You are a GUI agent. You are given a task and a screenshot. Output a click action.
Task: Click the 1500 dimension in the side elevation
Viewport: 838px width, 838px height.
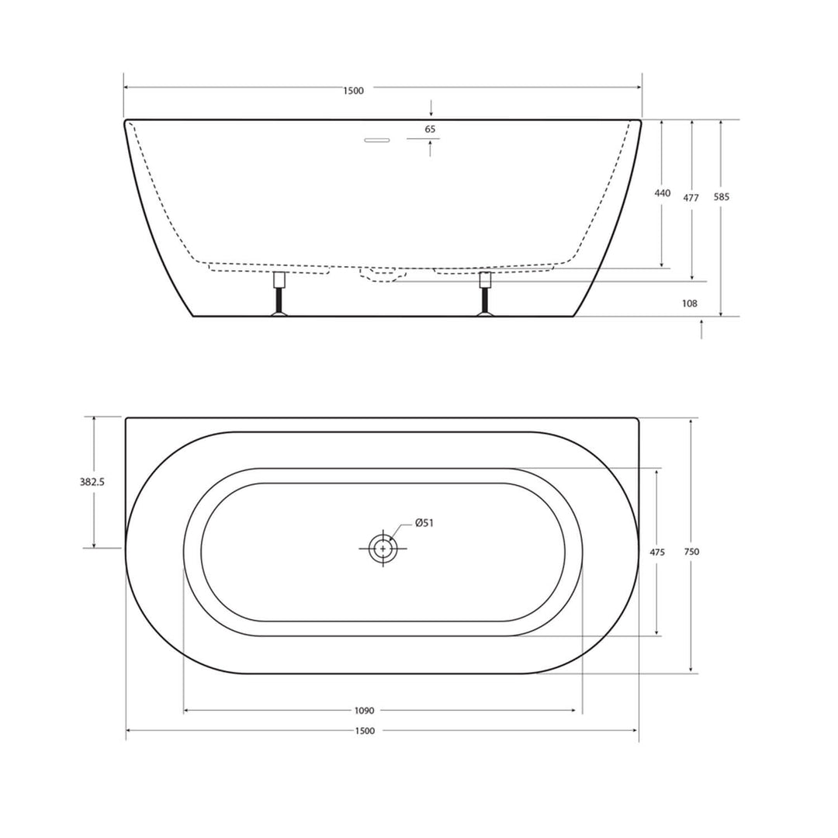coord(353,91)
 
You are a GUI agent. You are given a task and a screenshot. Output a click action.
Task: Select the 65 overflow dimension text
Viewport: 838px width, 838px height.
coord(431,129)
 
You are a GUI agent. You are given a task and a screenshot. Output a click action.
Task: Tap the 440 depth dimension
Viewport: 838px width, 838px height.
coord(662,193)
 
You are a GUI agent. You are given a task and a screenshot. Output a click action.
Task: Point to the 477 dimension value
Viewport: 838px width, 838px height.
coord(691,198)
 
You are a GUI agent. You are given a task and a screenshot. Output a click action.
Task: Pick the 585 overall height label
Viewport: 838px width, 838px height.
coord(722,197)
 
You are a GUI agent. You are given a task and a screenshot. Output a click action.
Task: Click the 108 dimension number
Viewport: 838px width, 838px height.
coord(690,303)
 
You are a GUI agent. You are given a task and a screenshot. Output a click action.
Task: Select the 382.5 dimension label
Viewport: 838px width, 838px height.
coord(92,482)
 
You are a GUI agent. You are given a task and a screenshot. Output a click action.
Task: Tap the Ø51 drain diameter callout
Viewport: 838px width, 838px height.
coord(424,523)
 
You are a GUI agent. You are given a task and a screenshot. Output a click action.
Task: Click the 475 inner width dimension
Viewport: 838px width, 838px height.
coord(656,552)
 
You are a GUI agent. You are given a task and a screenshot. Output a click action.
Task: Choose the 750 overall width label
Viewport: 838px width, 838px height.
coord(692,552)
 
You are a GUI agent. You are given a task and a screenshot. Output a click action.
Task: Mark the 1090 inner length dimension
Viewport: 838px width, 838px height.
coord(364,710)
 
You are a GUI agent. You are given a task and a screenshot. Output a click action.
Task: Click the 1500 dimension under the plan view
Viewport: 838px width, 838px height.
coord(365,730)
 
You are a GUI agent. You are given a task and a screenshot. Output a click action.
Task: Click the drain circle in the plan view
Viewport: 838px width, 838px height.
coord(383,549)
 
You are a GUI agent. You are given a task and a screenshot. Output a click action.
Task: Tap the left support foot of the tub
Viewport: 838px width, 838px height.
coord(279,295)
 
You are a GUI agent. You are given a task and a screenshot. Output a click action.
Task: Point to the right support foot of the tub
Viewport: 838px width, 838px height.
coord(486,295)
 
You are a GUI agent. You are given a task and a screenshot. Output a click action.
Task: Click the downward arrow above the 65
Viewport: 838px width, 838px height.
coord(431,109)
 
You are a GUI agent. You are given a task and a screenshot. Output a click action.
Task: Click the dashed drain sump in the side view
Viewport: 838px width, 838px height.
coord(378,274)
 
